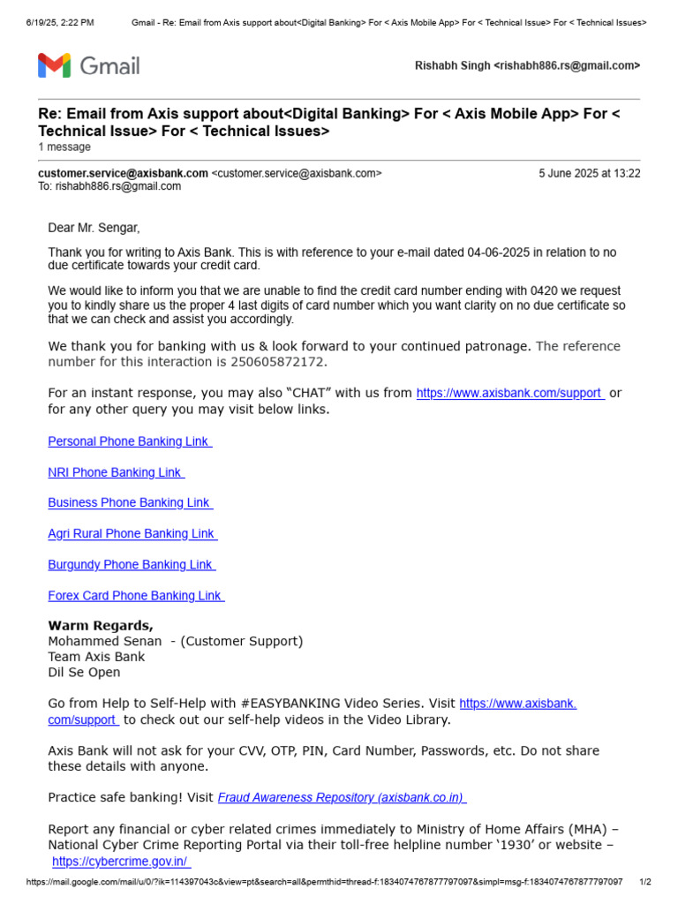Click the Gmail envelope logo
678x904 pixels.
point(54,65)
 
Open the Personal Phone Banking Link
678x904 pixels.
point(129,441)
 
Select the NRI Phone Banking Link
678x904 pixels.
point(115,472)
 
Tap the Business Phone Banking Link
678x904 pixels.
point(130,503)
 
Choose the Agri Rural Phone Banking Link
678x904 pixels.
point(132,534)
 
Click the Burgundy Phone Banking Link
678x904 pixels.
point(131,565)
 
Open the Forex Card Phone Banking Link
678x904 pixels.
point(135,596)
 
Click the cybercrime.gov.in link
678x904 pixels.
point(120,862)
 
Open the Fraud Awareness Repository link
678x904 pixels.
point(342,797)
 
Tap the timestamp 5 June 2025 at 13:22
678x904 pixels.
point(590,174)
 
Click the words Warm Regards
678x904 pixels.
point(101,626)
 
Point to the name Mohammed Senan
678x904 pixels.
point(105,641)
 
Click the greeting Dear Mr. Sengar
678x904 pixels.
point(94,228)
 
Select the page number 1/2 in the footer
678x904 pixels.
point(644,882)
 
